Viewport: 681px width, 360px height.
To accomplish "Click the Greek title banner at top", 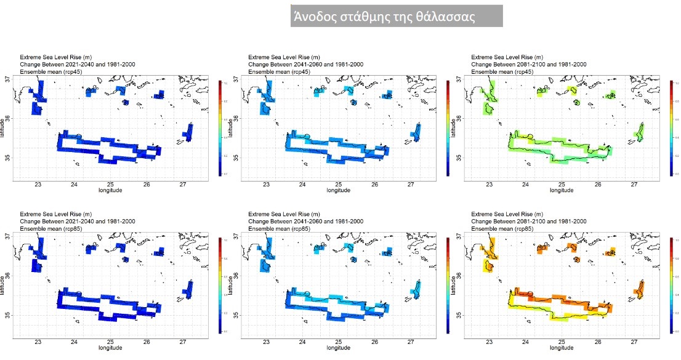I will (397, 17).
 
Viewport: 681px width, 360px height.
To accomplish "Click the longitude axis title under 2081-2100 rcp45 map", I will (561, 190).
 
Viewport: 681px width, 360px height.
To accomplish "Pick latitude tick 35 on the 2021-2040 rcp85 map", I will (6, 315).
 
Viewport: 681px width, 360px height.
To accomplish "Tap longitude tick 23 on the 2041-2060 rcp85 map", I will (266, 342).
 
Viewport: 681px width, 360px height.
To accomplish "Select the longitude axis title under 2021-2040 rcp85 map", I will (110, 347).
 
